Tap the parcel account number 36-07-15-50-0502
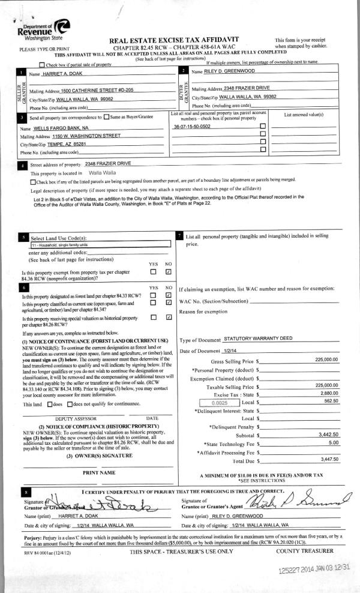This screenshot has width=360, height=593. click(x=192, y=127)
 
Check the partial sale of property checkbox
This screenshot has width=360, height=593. click(x=41, y=64)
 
